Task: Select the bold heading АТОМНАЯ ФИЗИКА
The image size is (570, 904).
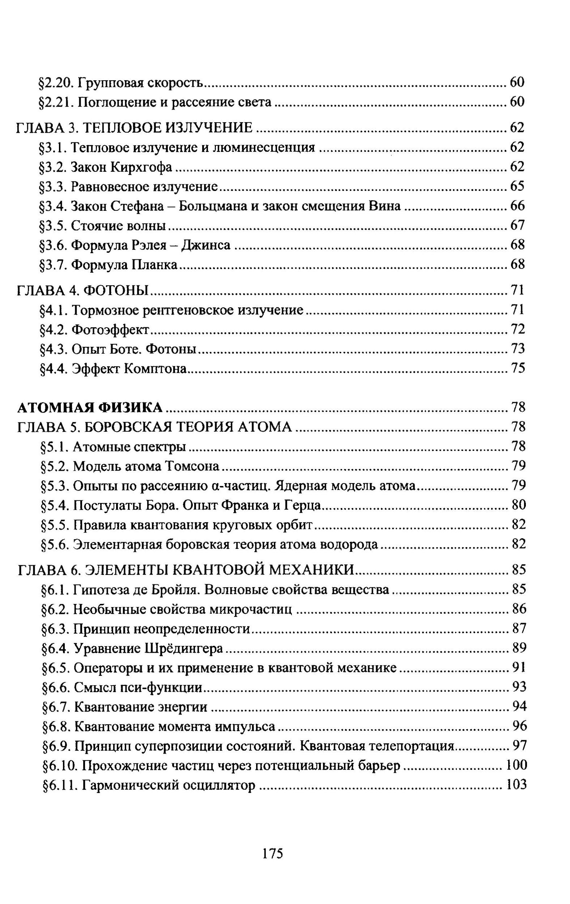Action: click(x=90, y=407)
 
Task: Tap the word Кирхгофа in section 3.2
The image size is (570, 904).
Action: click(x=141, y=167)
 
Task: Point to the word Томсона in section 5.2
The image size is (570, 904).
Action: click(x=193, y=466)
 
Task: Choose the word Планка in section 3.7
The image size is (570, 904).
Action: click(x=155, y=265)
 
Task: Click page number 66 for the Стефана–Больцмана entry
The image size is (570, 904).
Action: click(x=517, y=206)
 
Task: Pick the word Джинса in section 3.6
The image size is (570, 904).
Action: click(x=206, y=245)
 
